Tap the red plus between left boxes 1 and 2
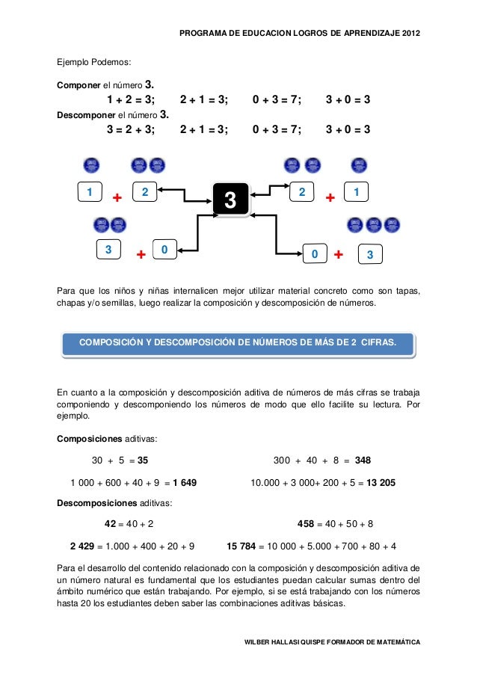point(117,199)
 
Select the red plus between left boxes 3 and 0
point(140,256)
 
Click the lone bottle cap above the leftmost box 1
point(92,165)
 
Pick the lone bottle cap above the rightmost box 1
point(358,165)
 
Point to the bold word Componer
point(79,85)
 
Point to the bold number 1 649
point(184,482)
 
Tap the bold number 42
point(110,523)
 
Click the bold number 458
point(306,523)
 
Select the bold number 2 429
point(83,545)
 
